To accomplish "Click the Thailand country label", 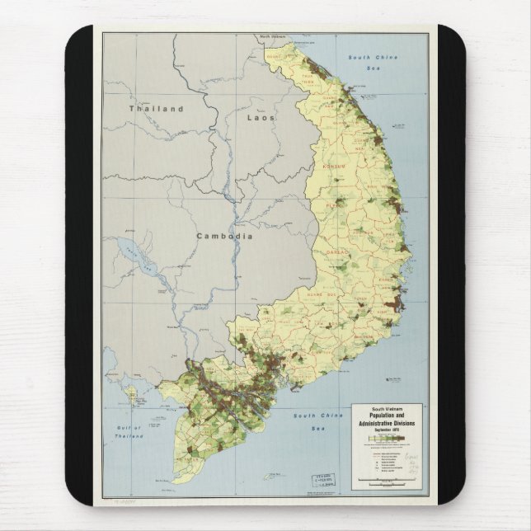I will click(155, 108).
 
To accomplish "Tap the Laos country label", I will click(261, 118).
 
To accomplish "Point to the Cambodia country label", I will click(223, 236).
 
